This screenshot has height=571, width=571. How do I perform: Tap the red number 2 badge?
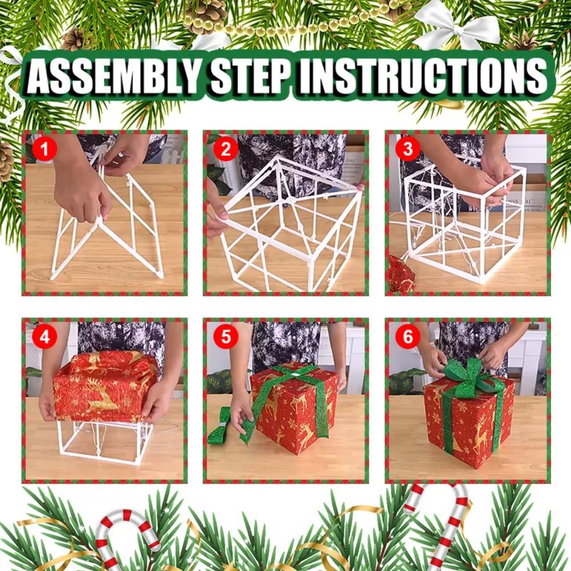pos(226,150)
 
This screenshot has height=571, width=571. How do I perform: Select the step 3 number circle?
pos(407,150)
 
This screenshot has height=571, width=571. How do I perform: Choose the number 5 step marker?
pos(226,337)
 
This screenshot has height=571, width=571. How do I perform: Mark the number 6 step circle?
pos(407,337)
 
